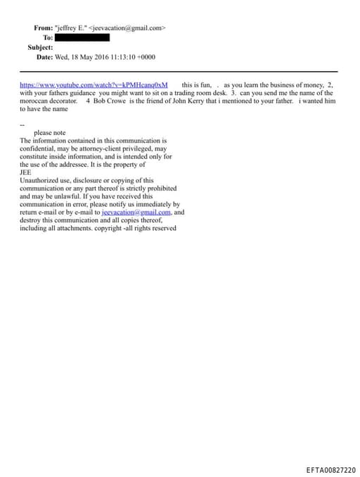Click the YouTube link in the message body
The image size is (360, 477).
[94, 84]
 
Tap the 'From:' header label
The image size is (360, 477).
[43, 28]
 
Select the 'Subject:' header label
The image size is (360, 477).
[40, 47]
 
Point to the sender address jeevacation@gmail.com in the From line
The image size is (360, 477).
[128, 28]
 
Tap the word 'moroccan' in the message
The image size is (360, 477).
[35, 101]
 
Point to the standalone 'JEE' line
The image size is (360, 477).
[25, 172]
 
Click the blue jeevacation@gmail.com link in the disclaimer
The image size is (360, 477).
[136, 212]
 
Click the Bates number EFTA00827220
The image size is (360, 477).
[330, 470]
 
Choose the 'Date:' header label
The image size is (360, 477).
[44, 56]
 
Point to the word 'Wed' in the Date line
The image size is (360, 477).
[63, 56]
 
